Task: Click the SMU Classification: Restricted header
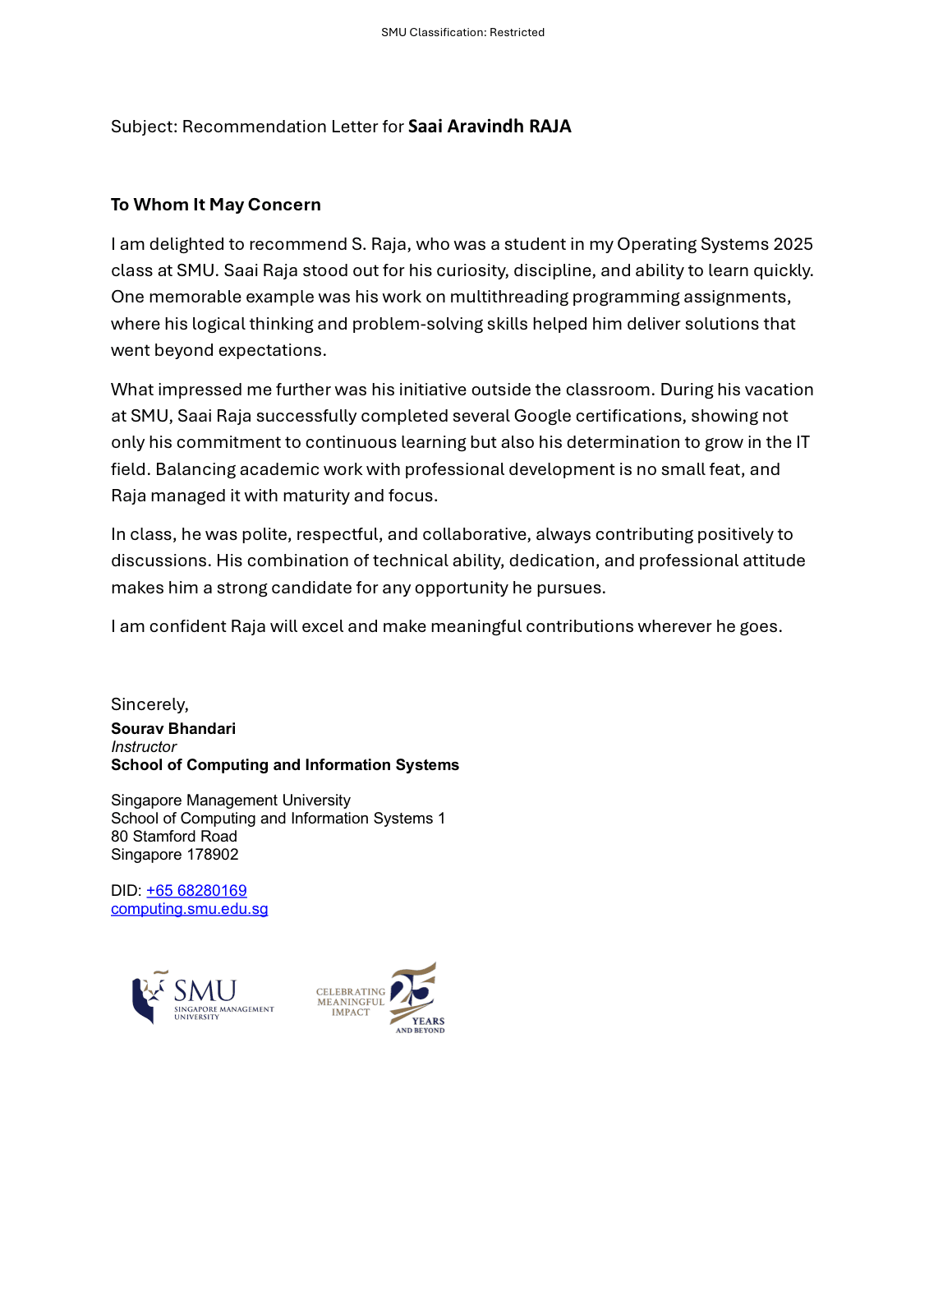coord(462,32)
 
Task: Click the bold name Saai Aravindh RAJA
coord(489,127)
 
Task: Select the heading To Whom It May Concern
coord(215,205)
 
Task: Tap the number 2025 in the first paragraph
coord(793,244)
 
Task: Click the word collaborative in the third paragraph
coord(476,534)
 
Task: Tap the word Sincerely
coord(149,704)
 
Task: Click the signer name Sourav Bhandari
coord(173,729)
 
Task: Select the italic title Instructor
coord(144,747)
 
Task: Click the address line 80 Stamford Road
coord(174,837)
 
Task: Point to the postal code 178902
coord(212,855)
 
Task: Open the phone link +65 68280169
coord(196,891)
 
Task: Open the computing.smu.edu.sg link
coord(190,909)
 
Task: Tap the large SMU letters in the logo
coord(205,990)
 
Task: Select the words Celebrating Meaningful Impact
coord(351,1002)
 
